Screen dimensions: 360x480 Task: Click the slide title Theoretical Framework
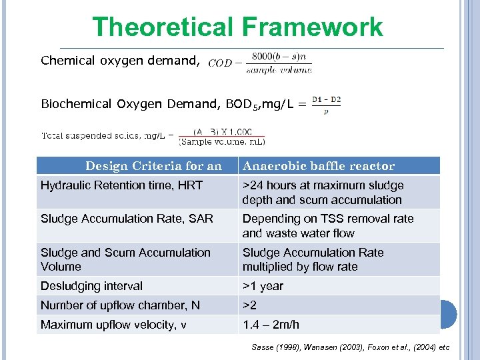point(237,27)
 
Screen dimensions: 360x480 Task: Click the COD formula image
point(260,63)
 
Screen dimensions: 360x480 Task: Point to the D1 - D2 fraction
point(326,105)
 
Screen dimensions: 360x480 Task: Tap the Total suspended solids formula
point(153,137)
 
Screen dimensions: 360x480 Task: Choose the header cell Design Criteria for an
point(153,166)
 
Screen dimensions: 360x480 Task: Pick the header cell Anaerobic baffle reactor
point(319,166)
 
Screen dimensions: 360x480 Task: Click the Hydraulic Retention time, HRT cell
point(121,185)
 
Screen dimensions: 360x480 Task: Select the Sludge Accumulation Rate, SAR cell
point(127,219)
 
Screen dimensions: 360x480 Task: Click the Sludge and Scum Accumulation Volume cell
point(125,259)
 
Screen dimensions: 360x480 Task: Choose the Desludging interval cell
point(91,286)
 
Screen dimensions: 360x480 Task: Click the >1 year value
point(263,286)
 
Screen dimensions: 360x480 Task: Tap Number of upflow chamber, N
point(120,305)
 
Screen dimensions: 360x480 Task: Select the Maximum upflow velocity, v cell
point(113,325)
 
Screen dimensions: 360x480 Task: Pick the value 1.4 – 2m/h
point(271,325)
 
